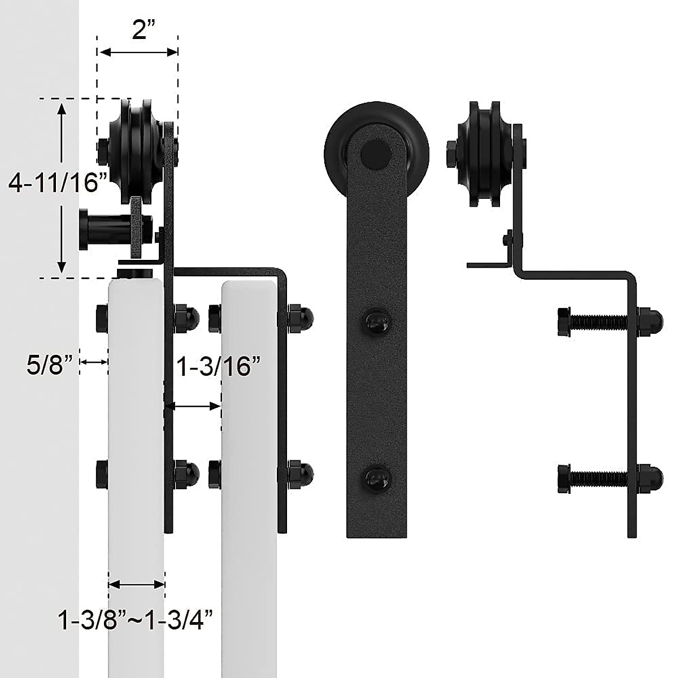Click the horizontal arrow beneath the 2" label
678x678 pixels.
click(x=139, y=52)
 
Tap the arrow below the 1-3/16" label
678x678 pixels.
click(x=193, y=406)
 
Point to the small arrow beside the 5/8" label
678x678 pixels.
click(x=93, y=362)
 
